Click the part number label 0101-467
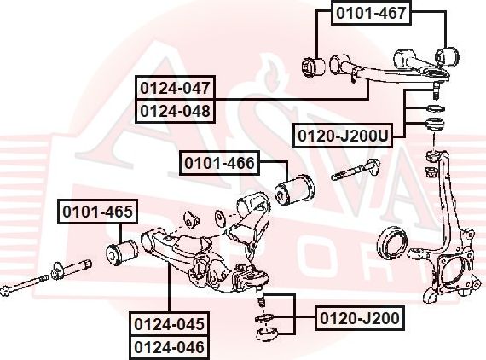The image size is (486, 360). coord(371,13)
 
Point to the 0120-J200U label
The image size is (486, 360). coord(343,136)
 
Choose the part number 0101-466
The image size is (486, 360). coord(218,162)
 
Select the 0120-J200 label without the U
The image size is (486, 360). coord(358,319)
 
